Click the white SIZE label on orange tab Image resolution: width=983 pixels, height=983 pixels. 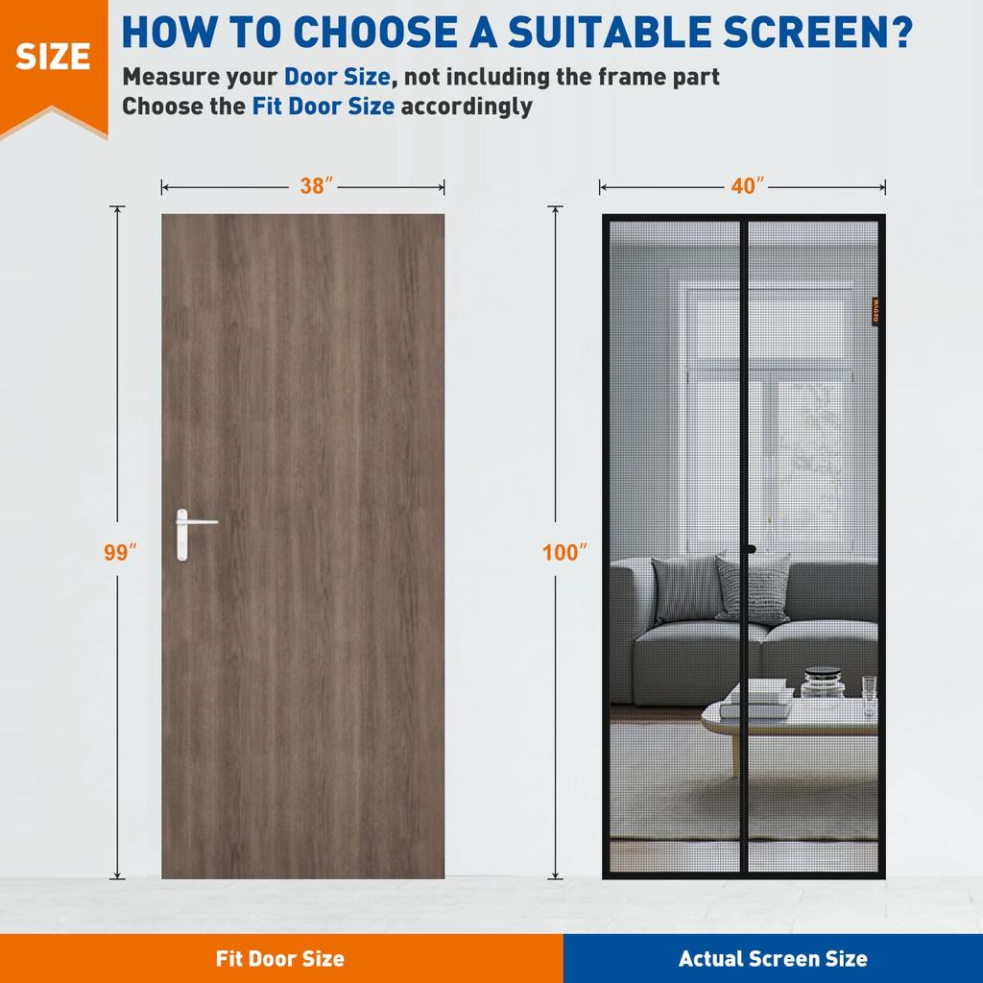[x=53, y=57]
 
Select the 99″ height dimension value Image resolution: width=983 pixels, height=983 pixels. [x=121, y=552]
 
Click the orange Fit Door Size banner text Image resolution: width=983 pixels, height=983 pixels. [x=279, y=958]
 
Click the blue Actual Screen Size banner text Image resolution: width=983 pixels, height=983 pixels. [x=773, y=958]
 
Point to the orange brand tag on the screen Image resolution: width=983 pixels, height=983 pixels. [x=876, y=312]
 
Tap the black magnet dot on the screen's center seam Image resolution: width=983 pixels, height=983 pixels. [x=751, y=550]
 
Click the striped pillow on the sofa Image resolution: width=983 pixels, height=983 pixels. [x=754, y=587]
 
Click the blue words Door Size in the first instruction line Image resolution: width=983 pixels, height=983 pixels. [x=337, y=76]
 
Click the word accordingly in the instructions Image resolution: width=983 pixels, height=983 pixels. [x=466, y=106]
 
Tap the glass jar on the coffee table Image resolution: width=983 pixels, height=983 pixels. [x=823, y=682]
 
